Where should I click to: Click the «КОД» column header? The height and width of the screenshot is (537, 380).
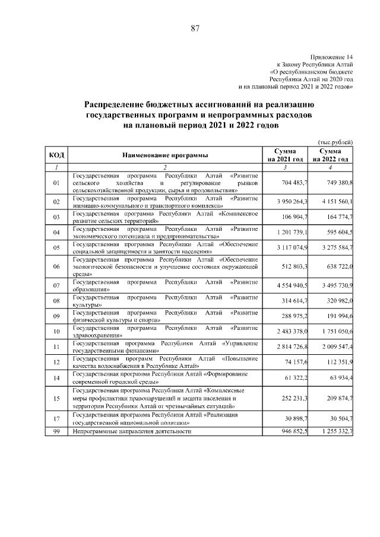(57, 155)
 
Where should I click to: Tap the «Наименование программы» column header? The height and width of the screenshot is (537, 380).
(165, 155)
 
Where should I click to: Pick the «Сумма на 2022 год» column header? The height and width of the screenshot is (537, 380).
(331, 155)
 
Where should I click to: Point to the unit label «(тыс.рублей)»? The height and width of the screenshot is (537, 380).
(336, 142)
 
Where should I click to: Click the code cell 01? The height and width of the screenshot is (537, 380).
(57, 183)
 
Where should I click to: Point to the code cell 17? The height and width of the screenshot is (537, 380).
(57, 419)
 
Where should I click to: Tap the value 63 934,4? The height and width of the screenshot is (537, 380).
(340, 378)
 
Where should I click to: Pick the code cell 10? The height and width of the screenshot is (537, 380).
(57, 331)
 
